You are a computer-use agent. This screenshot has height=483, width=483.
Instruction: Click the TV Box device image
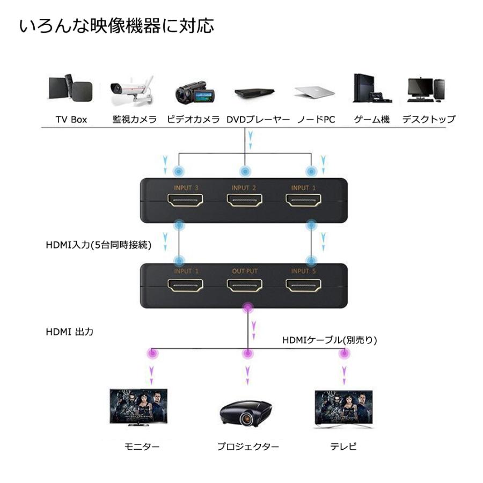(x=71, y=90)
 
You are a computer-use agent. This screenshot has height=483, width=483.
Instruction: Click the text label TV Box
(x=71, y=120)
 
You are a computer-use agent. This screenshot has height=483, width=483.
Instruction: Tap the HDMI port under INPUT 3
(x=186, y=202)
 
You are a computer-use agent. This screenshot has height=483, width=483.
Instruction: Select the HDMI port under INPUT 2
(x=245, y=202)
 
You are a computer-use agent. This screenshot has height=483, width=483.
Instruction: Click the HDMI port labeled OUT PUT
(x=245, y=286)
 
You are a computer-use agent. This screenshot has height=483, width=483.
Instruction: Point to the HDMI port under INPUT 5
(x=304, y=286)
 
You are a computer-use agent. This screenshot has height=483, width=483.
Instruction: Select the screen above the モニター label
(x=138, y=406)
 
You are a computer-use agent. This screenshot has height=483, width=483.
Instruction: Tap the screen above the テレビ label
(x=343, y=406)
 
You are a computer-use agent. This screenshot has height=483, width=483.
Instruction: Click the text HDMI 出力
(x=69, y=332)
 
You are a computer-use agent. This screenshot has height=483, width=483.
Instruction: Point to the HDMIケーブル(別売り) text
(x=330, y=340)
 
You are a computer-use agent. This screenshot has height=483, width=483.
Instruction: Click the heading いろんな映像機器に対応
(x=116, y=26)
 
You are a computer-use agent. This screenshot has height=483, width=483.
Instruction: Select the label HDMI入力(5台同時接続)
(x=98, y=246)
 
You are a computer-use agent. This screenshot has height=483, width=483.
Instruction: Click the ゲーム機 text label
(x=371, y=120)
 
